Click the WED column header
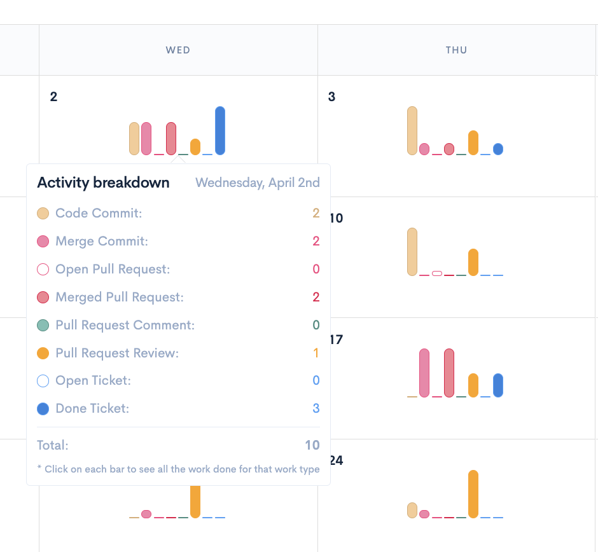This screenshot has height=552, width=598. (x=178, y=50)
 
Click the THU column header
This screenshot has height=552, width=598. (x=457, y=50)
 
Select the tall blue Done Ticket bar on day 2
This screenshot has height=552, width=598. (x=220, y=130)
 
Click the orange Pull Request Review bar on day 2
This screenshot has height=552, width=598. (x=195, y=146)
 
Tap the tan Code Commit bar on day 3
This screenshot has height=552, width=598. (x=412, y=130)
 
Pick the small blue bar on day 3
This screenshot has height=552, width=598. (x=498, y=149)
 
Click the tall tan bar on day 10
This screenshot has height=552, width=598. (x=412, y=251)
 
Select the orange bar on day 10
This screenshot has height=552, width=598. (x=473, y=262)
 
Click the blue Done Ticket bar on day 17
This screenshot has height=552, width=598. (x=498, y=385)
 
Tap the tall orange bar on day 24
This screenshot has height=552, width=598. (x=473, y=494)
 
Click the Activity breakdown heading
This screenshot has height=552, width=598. (x=104, y=183)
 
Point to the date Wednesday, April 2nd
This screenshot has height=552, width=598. (x=258, y=183)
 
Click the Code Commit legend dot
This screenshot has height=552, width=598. (x=43, y=214)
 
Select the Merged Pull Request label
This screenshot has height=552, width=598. (x=120, y=297)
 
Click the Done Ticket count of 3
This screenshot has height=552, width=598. (x=316, y=408)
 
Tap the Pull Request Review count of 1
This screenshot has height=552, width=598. (x=316, y=353)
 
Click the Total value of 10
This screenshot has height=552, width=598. (x=312, y=445)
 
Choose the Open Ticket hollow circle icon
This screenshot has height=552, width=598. (x=43, y=381)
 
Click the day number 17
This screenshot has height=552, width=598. (x=336, y=340)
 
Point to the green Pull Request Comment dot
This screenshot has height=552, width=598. (x=43, y=325)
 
